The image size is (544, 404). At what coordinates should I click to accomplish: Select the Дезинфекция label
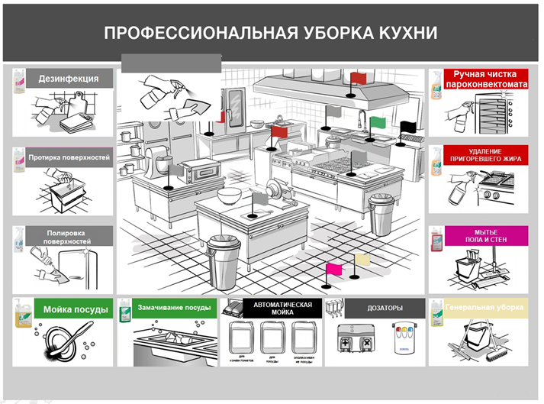68,79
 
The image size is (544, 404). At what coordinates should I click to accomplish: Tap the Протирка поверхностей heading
69,158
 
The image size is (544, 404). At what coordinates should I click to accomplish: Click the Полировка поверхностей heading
69,237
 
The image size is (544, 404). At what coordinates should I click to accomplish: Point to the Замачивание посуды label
173,308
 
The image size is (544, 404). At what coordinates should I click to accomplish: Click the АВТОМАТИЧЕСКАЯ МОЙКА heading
283,309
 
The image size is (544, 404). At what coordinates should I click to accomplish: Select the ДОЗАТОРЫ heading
384,309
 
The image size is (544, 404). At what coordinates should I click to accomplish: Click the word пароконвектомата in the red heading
488,84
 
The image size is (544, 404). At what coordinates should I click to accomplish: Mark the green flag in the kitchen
378,121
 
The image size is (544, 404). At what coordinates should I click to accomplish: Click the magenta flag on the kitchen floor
333,268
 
